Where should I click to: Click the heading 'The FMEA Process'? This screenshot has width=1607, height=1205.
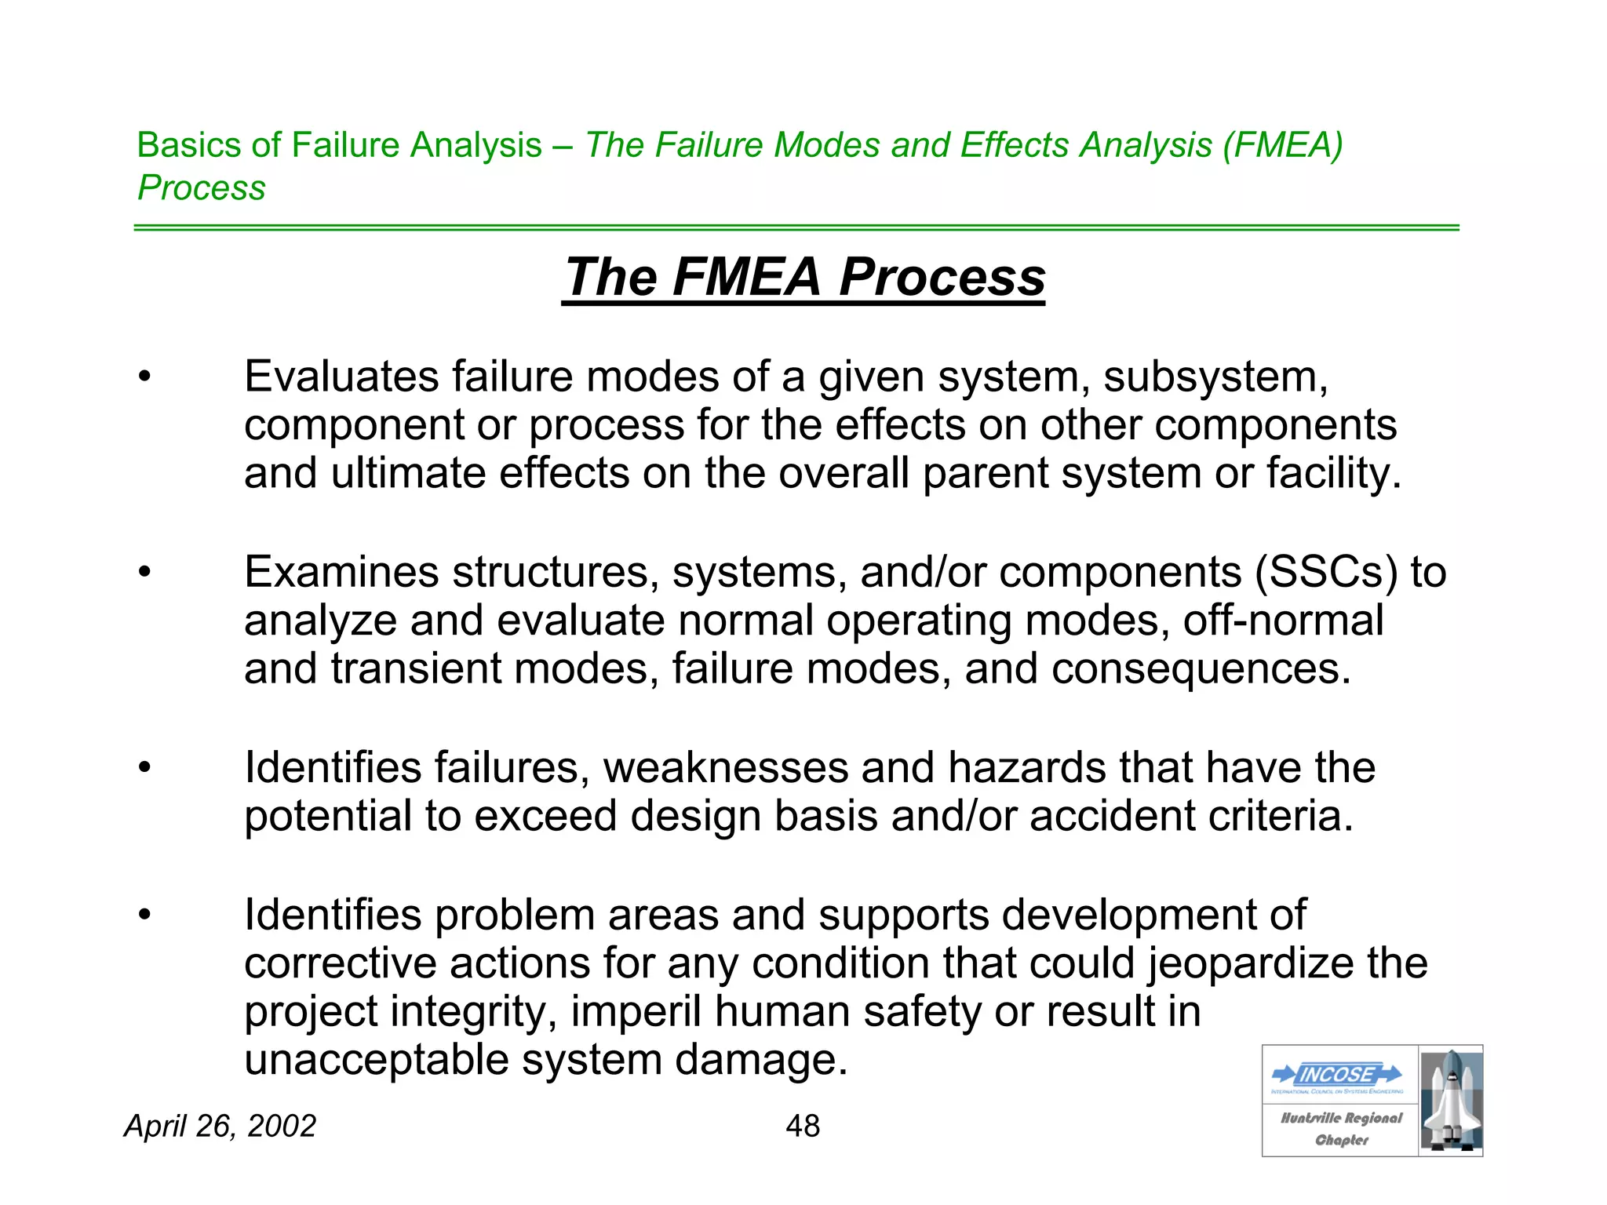click(803, 277)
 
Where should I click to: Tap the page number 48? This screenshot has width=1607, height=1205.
click(803, 1126)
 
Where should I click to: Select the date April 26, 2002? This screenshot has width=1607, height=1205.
click(220, 1126)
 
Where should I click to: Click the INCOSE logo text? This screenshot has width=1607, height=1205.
click(1337, 1074)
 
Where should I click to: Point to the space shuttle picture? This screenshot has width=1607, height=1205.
click(1451, 1100)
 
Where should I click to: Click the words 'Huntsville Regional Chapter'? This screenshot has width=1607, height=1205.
click(1341, 1128)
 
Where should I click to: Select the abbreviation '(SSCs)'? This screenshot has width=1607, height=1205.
click(1326, 571)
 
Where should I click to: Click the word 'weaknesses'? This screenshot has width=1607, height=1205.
click(726, 767)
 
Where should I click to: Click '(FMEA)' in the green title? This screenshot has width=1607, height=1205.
click(1283, 145)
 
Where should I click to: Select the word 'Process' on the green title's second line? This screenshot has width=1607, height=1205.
click(202, 187)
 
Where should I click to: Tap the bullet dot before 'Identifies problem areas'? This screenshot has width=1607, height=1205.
click(144, 915)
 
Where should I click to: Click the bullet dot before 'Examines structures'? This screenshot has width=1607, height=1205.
click(144, 572)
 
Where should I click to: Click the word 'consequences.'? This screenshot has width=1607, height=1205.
click(1201, 668)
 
